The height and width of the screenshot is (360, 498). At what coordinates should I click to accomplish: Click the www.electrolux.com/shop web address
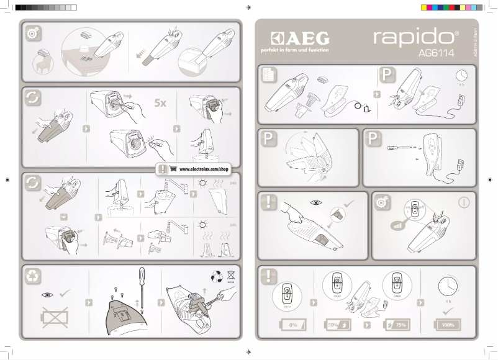coord(204,169)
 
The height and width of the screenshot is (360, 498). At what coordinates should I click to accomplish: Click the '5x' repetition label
coord(160,103)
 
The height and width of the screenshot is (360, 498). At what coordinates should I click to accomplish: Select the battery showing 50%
coord(338,325)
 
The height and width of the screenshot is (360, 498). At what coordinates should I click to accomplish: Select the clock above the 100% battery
coord(447,286)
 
